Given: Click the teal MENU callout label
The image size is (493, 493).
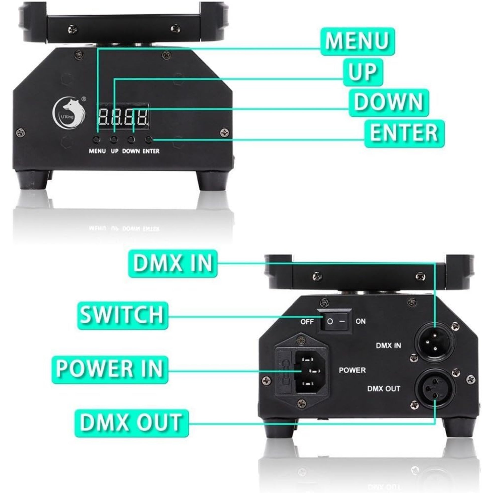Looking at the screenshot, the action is tap(357, 42).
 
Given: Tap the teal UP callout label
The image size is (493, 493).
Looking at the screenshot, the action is tap(363, 72).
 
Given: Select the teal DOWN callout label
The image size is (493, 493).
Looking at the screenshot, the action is tap(389, 103).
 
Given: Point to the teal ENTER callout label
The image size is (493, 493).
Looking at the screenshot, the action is tap(404, 134).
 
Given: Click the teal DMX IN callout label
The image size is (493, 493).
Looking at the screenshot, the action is tap(173, 264).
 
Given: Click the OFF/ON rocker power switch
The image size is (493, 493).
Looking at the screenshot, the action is tap(334, 321).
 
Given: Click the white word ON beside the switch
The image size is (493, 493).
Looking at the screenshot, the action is tap(360, 321).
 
